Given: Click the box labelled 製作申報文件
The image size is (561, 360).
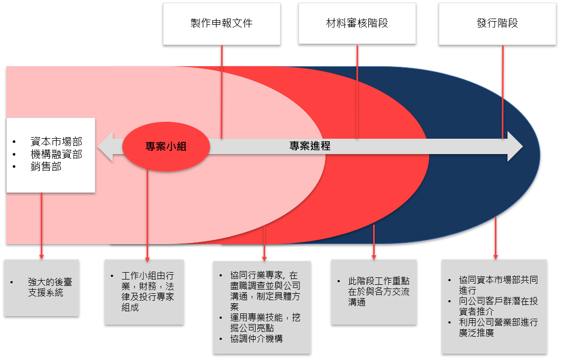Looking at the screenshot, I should coord(221,24).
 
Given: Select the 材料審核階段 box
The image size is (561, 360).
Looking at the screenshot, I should coord(357,24).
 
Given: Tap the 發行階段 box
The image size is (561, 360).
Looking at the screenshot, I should coord(497,24).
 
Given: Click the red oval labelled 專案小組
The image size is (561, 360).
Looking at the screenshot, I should coord(166,147).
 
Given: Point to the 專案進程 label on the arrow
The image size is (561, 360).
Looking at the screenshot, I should coord(310,146).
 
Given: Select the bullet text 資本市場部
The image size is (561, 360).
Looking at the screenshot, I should coord(56,141).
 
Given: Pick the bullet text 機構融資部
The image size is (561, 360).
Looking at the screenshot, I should coord(56,154).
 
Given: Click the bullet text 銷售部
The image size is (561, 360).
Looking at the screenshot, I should coord(46,167).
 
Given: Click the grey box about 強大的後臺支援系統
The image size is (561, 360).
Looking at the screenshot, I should coord(41,287).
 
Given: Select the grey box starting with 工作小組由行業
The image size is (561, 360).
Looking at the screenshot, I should coord(144,291).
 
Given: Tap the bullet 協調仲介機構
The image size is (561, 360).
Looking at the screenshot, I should coord(256,338).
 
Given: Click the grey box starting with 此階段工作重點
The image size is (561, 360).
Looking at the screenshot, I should coord(374,291).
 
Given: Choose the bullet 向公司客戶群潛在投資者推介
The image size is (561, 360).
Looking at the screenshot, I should coord(498,306).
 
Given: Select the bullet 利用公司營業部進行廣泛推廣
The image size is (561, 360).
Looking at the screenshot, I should coord(498,328).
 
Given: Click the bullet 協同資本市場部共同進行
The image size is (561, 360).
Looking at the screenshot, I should coord(498,285).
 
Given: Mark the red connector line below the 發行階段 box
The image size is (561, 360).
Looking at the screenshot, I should coord(503,90).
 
